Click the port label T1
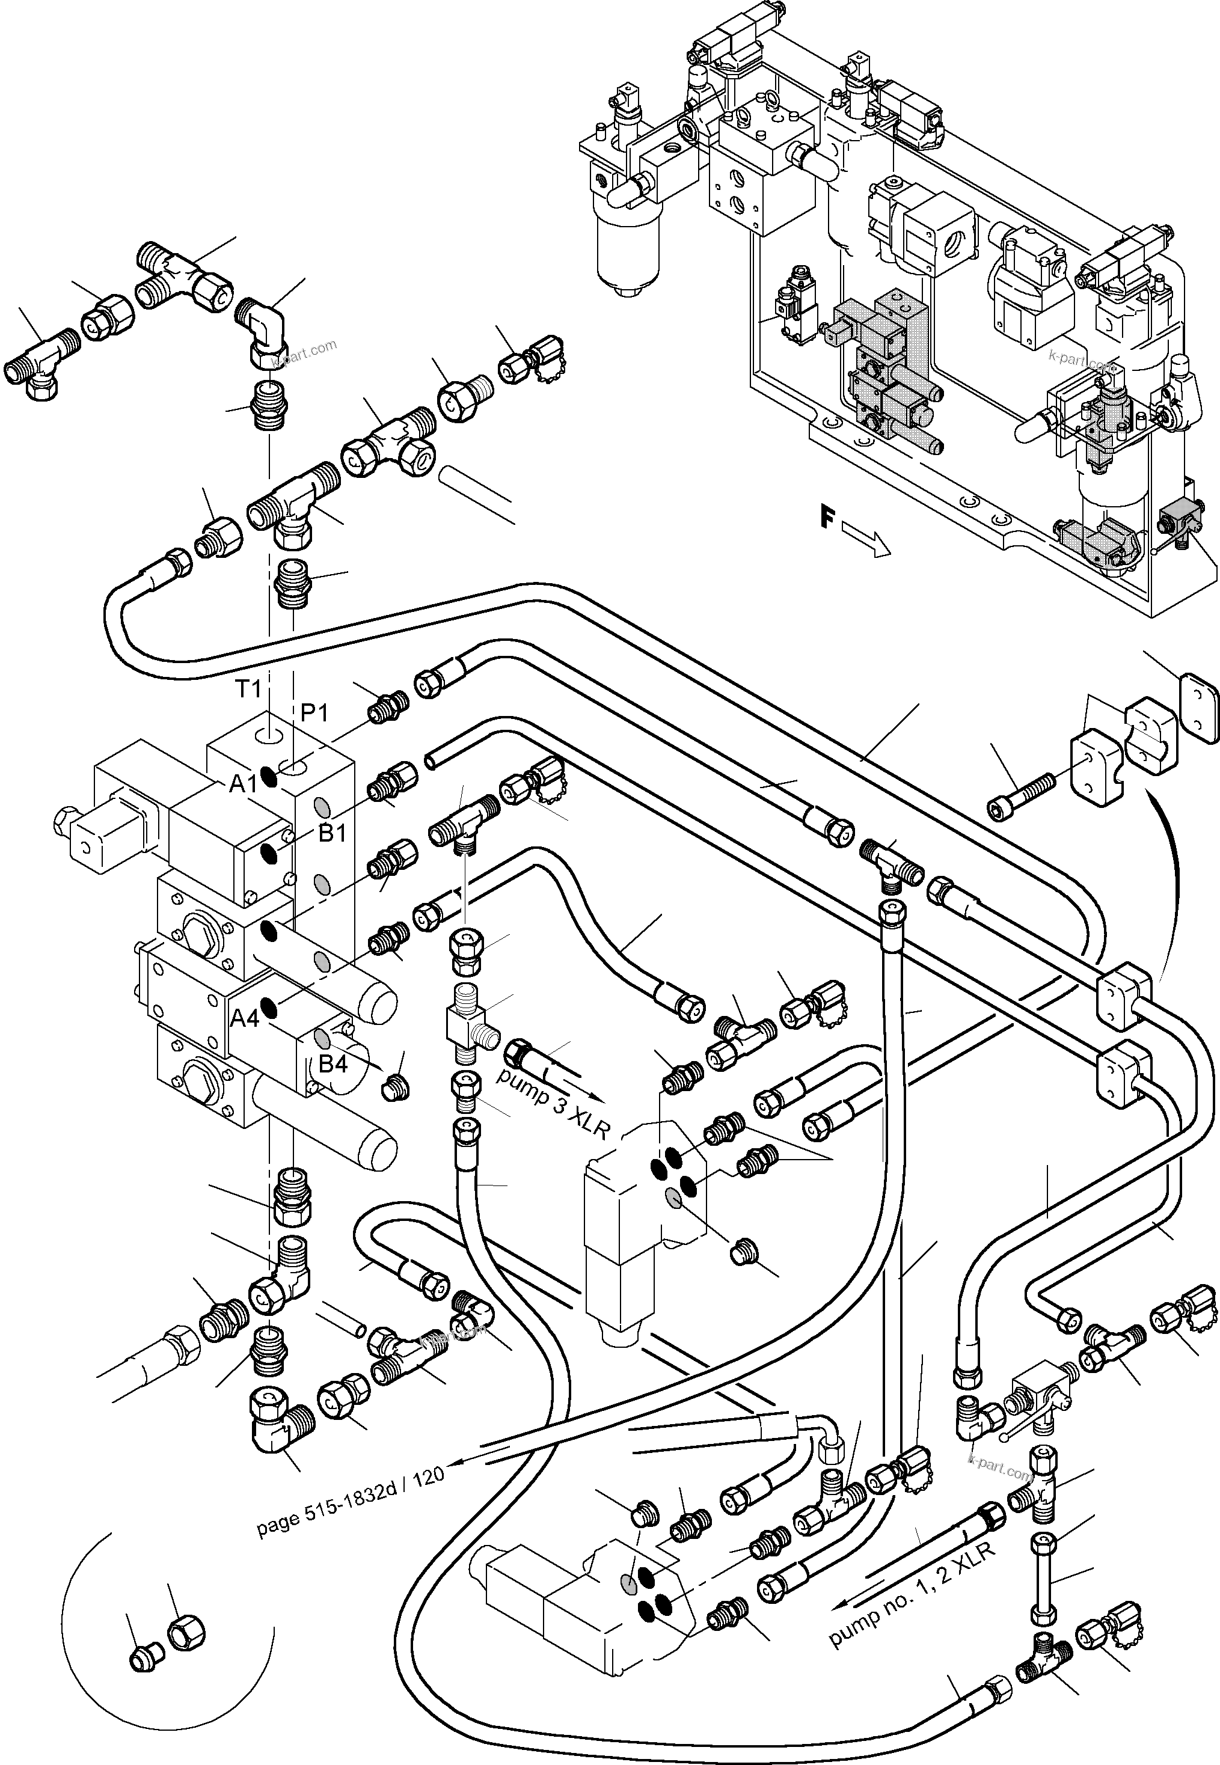coord(247,689)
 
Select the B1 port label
coord(332,833)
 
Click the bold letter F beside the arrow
coord(826,519)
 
